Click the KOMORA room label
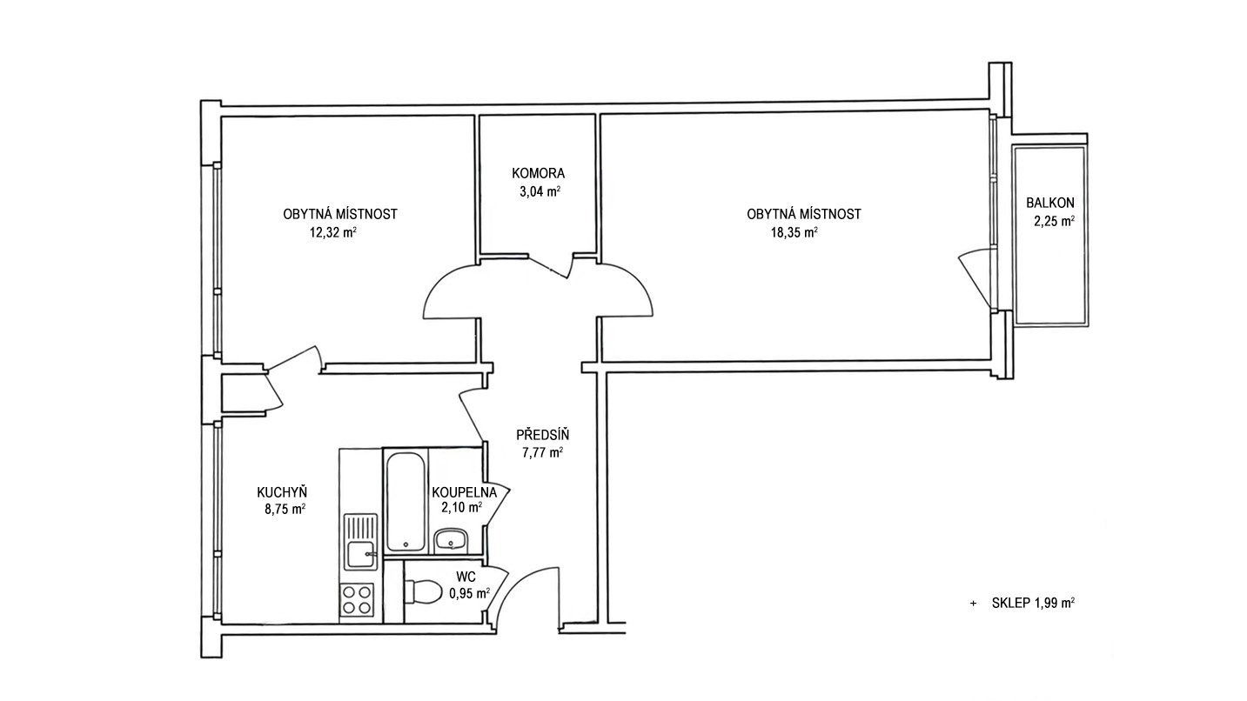click(538, 174)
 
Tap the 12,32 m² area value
click(333, 232)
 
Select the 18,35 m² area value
click(794, 232)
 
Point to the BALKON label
click(1050, 203)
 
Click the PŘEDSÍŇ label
click(542, 435)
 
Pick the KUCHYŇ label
click(282, 491)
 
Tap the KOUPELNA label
click(464, 491)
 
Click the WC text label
click(466, 577)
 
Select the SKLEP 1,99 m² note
click(1033, 603)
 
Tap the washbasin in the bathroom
click(452, 540)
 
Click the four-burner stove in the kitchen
click(357, 600)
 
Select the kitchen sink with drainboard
click(361, 542)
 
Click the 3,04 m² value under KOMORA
click(540, 192)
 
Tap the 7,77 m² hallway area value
click(542, 452)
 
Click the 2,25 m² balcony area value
click(1054, 221)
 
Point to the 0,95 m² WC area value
click(469, 594)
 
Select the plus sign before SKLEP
click(973, 603)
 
